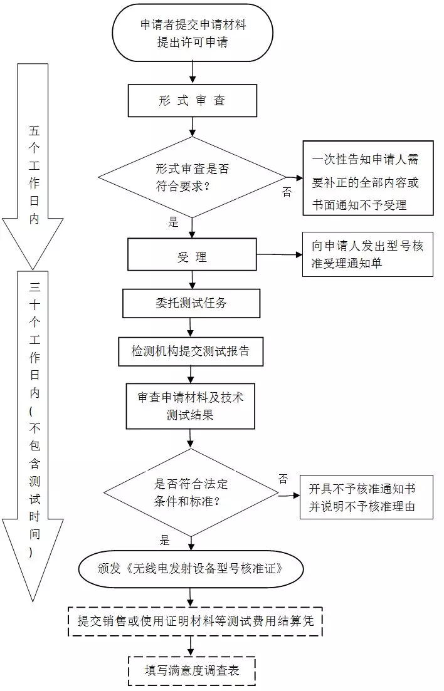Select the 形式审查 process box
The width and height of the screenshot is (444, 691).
(x=192, y=100)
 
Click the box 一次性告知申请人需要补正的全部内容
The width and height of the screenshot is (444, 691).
(x=367, y=178)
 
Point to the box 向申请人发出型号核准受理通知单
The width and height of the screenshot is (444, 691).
(x=367, y=254)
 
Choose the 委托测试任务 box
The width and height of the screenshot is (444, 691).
(x=191, y=303)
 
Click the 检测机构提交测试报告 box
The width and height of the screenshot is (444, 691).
(x=191, y=351)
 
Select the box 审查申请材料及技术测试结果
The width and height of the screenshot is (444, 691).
(x=191, y=406)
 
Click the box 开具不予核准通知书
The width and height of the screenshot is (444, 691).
(x=366, y=498)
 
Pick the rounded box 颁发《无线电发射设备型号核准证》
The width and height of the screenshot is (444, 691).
(x=191, y=569)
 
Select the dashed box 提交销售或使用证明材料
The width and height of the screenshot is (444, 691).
(x=194, y=621)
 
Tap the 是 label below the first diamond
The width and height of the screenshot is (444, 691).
(x=174, y=222)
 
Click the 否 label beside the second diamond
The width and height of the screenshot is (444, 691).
(x=283, y=479)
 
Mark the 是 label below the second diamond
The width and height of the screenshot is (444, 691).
(x=165, y=540)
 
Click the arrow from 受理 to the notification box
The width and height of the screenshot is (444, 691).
(x=279, y=254)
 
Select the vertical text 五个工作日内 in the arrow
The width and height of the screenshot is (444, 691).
(x=34, y=175)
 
